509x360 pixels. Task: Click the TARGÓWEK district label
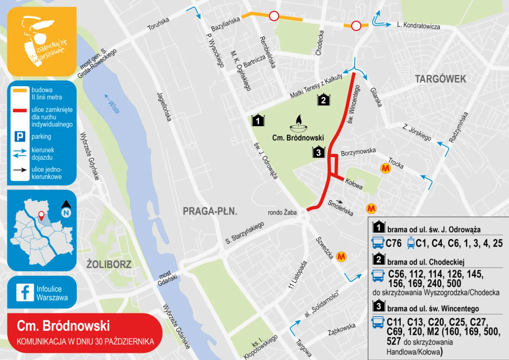pos(440,79)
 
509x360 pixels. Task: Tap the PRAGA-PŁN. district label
pos(210,211)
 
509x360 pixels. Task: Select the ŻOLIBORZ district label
pos(109,264)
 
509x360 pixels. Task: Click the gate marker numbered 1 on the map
pos(258,120)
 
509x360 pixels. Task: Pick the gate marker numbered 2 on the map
pos(324,99)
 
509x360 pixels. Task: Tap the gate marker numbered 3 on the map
pos(318,152)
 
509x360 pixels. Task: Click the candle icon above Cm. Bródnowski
pos(298,124)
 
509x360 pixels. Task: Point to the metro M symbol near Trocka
pos(385,168)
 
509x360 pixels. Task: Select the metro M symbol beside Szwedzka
pos(341,257)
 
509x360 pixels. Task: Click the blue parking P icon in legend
pos(20,136)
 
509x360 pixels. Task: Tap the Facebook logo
pos(25,292)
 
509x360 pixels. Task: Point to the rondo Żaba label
pos(282,212)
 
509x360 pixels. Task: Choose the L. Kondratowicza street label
pos(418,25)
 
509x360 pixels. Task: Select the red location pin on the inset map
pos(41,216)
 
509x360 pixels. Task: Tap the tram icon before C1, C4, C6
pos(411,243)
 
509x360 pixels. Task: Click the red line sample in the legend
pos(20,110)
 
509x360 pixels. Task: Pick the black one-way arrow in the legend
pos(20,170)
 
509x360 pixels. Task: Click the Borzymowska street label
pos(358,152)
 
